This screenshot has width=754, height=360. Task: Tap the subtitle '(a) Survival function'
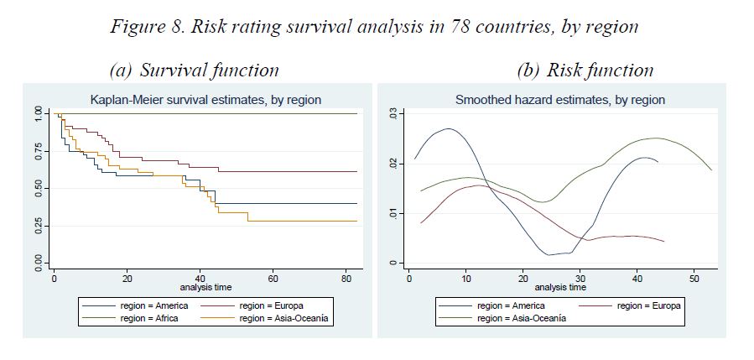[194, 70]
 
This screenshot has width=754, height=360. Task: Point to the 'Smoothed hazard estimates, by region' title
[559, 100]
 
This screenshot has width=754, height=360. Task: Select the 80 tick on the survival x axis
[344, 278]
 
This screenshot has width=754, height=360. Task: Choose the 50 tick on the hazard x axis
[694, 278]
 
